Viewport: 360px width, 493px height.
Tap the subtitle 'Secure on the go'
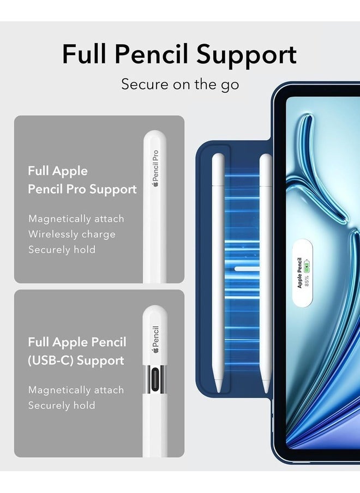pos(180,85)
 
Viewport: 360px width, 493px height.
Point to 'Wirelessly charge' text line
pos(72,235)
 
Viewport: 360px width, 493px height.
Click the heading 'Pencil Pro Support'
pos(82,189)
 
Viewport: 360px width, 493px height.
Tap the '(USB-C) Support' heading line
pos(76,360)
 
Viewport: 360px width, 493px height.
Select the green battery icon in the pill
pos(307,267)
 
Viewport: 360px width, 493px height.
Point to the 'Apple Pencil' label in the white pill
pos(299,273)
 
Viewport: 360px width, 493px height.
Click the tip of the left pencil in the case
pos(218,389)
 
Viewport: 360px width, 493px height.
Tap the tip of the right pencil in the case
pos(266,389)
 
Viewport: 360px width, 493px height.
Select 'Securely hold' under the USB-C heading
pos(62,406)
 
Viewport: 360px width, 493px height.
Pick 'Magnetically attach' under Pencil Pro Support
pos(76,219)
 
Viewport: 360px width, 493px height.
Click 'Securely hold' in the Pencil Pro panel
pos(62,250)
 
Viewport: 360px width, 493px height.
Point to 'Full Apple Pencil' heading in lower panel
pos(77,342)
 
